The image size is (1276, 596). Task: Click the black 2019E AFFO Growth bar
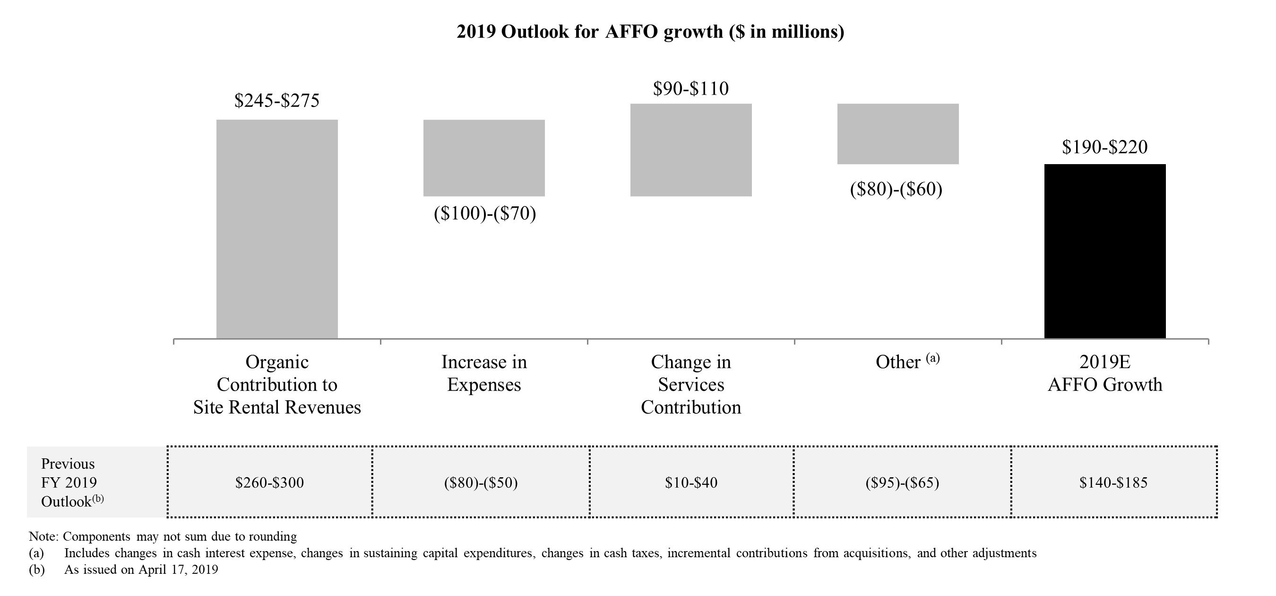click(1104, 251)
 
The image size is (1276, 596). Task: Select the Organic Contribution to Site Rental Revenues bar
click(277, 229)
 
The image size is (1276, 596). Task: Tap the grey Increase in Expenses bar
click(484, 158)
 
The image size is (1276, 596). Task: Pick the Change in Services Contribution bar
click(690, 150)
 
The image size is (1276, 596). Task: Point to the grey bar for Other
click(897, 134)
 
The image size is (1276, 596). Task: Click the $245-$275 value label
click(277, 101)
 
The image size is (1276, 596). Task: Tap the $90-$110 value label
click(690, 89)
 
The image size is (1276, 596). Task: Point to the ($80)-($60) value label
click(896, 189)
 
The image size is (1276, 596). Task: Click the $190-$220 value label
click(1104, 147)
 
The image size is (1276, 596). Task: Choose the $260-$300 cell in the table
click(269, 482)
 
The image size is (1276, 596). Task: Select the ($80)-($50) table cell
click(481, 482)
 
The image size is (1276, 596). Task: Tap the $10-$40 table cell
click(691, 482)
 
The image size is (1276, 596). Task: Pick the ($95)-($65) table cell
click(902, 482)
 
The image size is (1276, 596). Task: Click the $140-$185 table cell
click(1113, 482)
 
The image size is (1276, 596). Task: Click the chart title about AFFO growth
click(650, 32)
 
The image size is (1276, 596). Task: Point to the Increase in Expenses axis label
click(484, 373)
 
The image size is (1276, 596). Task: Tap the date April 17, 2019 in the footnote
click(178, 569)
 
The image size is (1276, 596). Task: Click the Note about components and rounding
click(163, 536)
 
